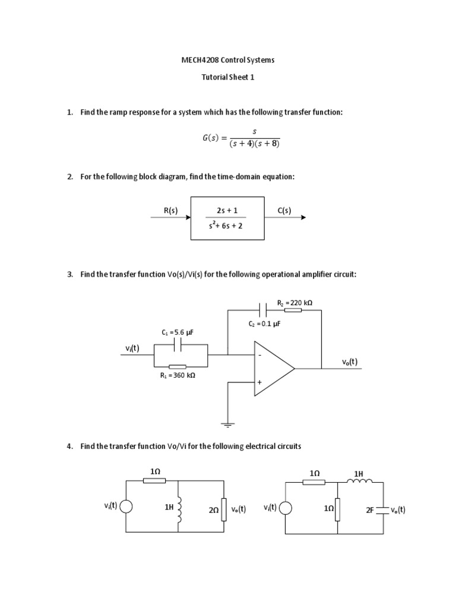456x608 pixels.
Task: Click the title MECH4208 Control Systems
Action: click(x=227, y=60)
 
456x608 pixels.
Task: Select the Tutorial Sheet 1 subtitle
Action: click(x=228, y=77)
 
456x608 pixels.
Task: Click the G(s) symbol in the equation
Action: click(x=211, y=138)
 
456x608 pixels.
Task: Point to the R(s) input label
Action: click(x=170, y=210)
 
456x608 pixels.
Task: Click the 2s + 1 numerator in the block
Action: click(x=227, y=211)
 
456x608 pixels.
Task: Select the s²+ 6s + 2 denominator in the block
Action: click(x=227, y=226)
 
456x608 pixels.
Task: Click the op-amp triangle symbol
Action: click(x=273, y=368)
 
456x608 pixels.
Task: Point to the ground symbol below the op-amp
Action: click(x=227, y=425)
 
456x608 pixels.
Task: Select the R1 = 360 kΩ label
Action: click(x=178, y=375)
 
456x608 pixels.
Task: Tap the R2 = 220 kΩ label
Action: click(x=294, y=302)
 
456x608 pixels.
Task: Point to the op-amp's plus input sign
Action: click(x=259, y=382)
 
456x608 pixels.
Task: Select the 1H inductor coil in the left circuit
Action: click(x=179, y=508)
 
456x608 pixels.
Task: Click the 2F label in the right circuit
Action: click(x=370, y=509)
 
